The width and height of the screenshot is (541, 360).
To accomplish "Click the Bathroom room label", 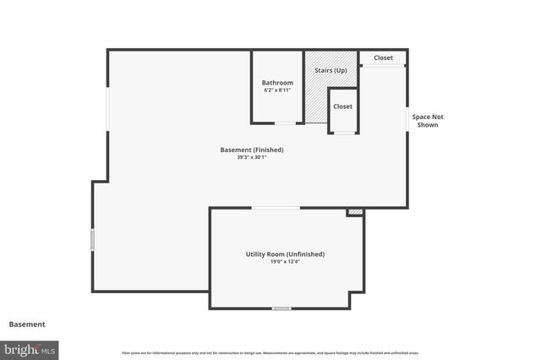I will click(x=277, y=82).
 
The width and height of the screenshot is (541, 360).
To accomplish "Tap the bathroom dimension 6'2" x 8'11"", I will click(x=277, y=90).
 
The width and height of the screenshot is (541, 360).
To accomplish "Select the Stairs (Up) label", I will click(x=330, y=70).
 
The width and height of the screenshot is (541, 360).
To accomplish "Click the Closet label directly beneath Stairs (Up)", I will click(x=342, y=106).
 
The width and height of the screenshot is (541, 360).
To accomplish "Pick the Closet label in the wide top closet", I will click(x=383, y=58).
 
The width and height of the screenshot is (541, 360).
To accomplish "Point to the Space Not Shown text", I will click(x=427, y=120).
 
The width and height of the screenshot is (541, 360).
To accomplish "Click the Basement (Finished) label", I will click(x=252, y=150).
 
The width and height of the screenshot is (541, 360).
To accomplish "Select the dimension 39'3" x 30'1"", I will click(x=252, y=157).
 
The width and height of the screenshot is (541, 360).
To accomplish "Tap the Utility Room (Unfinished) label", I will click(x=285, y=254).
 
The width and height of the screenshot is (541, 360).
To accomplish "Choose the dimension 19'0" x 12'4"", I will click(x=285, y=261).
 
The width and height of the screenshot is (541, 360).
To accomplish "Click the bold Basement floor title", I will click(x=27, y=324).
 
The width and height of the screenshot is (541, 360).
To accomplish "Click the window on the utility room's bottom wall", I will click(x=281, y=308).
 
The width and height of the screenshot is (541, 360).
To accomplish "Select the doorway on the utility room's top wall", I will click(x=276, y=208).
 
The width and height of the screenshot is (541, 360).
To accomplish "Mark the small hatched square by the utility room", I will click(x=355, y=212).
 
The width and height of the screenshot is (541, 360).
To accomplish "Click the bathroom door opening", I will click(x=285, y=123).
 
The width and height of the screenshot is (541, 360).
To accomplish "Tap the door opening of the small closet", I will click(x=343, y=133).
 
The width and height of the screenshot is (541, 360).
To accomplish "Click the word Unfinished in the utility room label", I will click(x=305, y=254).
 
